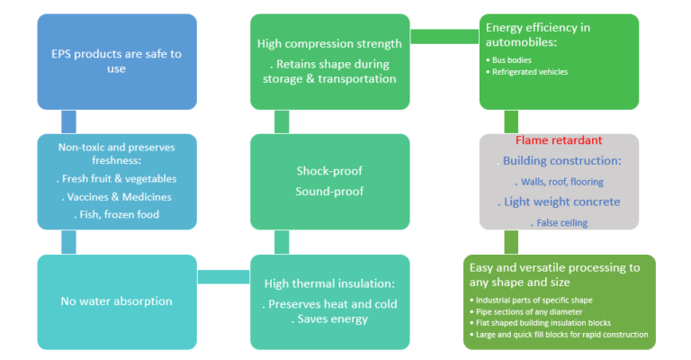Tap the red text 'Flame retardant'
[x=559, y=141]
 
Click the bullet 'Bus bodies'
[x=515, y=59]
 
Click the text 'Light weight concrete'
[x=561, y=202]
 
